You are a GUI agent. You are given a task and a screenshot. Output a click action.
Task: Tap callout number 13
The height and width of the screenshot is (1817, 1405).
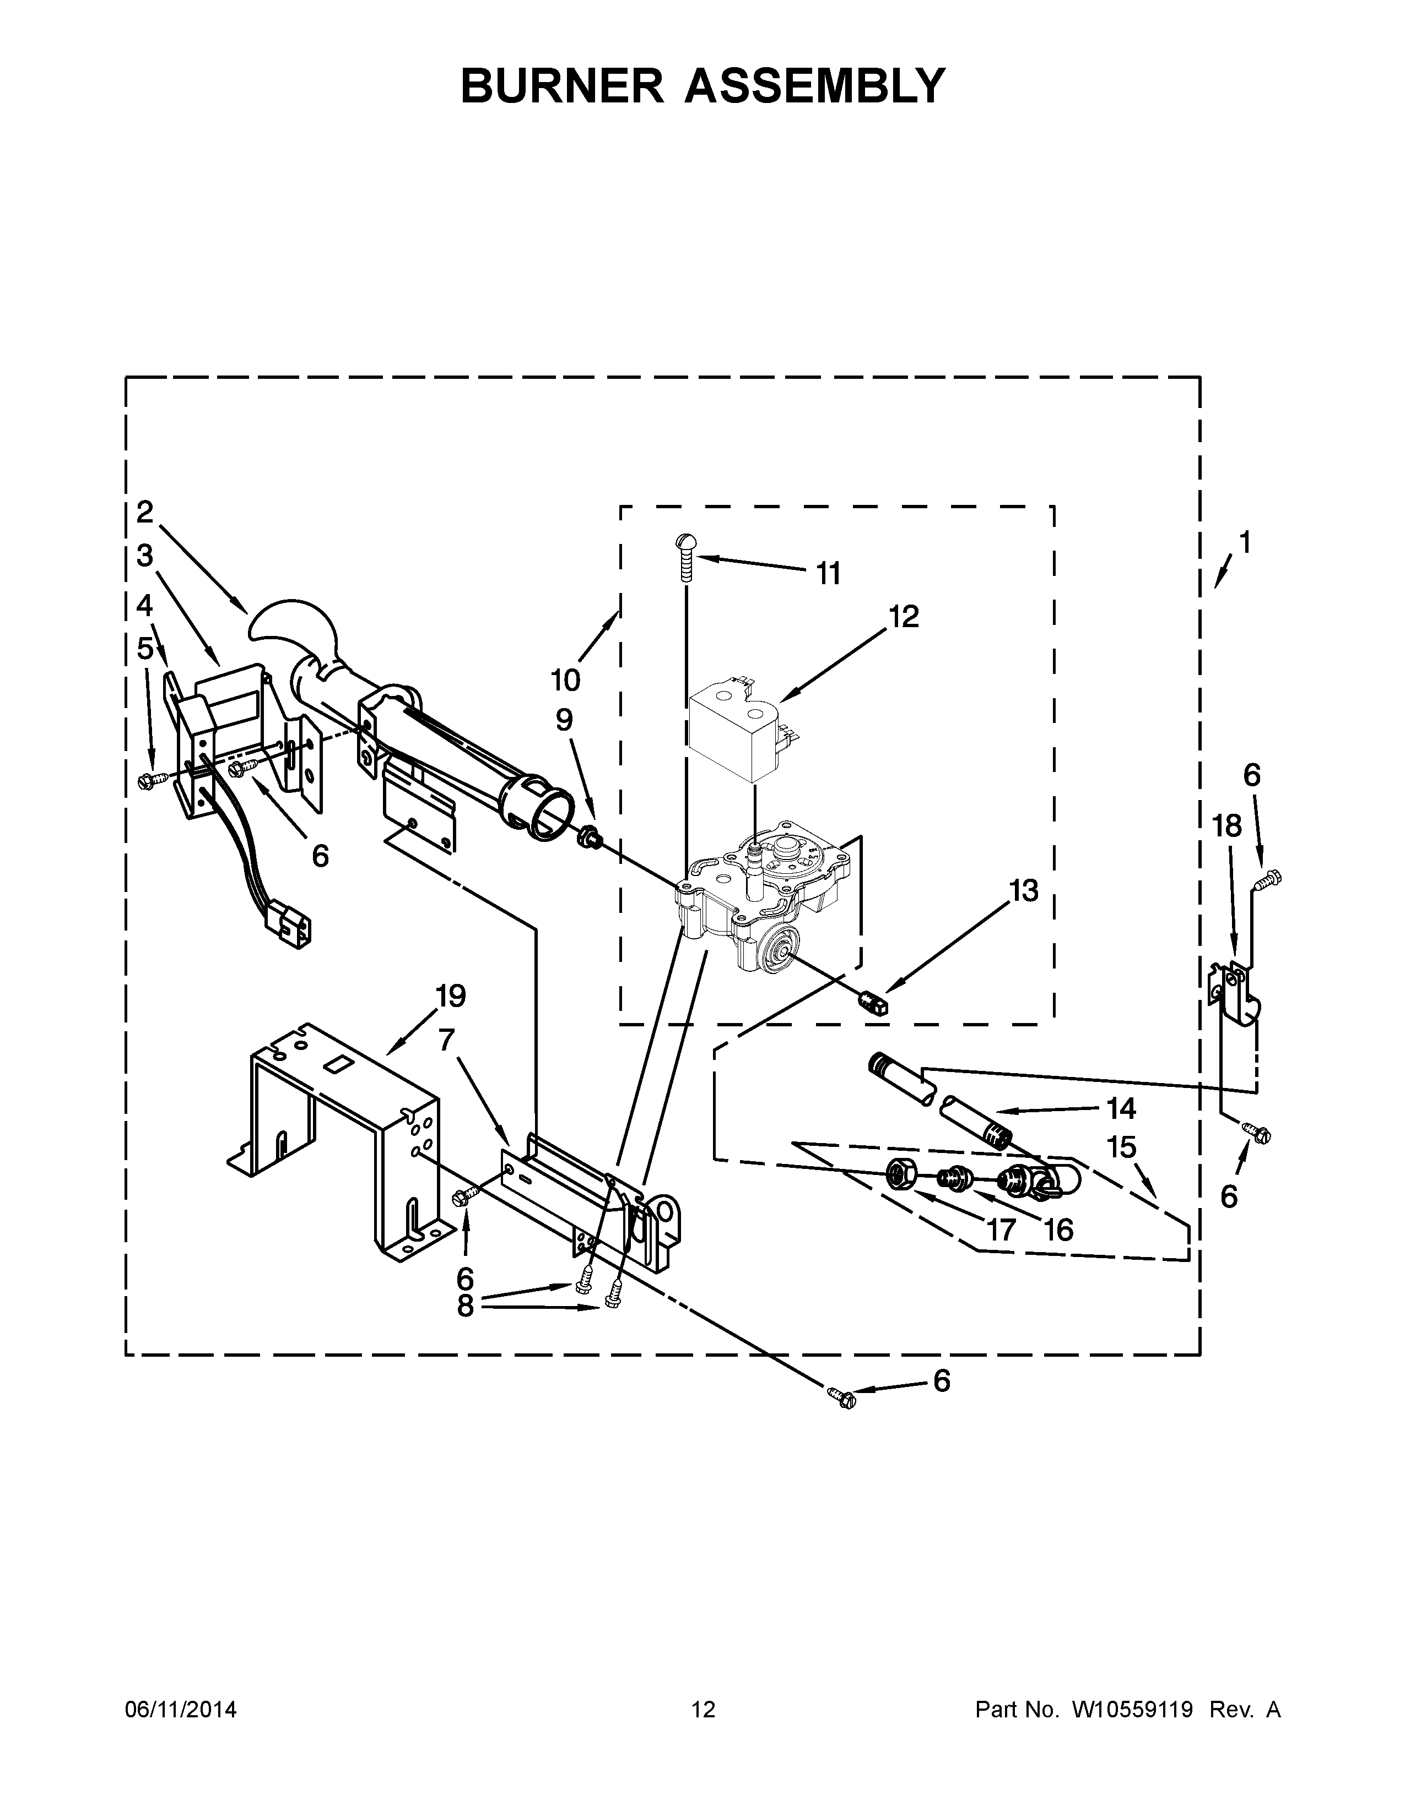coord(1024,891)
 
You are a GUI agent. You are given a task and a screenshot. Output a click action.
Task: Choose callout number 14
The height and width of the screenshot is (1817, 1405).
coord(1121,1108)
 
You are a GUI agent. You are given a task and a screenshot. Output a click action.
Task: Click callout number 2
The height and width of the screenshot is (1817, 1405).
coord(145,512)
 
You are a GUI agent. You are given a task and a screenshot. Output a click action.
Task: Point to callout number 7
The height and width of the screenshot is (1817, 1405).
coord(447,1039)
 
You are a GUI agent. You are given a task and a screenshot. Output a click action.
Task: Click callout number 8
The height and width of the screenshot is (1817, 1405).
coord(465,1306)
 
